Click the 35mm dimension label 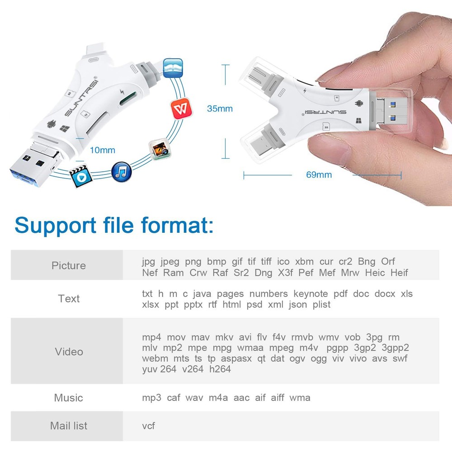[x=220, y=108]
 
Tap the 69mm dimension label [x=319, y=175]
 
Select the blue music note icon [x=121, y=172]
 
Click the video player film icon [x=80, y=178]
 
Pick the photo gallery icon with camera [x=160, y=149]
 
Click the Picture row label [x=68, y=265]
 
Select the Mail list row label [x=69, y=426]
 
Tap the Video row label [x=69, y=352]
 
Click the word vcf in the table [x=148, y=426]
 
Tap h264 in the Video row [x=220, y=369]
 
